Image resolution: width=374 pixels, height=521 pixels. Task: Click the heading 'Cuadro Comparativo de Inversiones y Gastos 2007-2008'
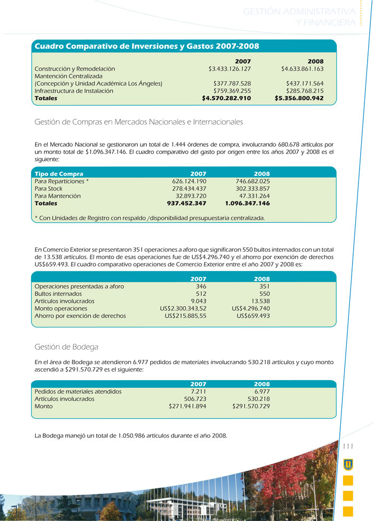click(146, 47)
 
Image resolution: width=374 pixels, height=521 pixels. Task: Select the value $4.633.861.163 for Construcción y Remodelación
click(302, 69)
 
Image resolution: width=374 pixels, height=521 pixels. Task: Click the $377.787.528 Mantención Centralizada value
click(232, 84)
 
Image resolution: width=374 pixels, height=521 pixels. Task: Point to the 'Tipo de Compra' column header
click(59, 174)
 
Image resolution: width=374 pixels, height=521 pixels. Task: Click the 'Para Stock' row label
click(49, 189)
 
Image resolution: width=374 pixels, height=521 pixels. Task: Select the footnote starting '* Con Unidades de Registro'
click(149, 218)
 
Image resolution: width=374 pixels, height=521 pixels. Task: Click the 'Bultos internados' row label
click(58, 294)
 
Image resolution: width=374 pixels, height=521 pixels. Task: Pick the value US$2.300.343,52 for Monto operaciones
click(183, 309)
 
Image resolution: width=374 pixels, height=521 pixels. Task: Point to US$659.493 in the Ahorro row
click(253, 316)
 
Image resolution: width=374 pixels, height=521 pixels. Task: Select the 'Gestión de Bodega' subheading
click(66, 347)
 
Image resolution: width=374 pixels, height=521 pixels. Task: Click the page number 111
click(348, 446)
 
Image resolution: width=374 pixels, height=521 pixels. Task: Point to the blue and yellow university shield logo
click(348, 463)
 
